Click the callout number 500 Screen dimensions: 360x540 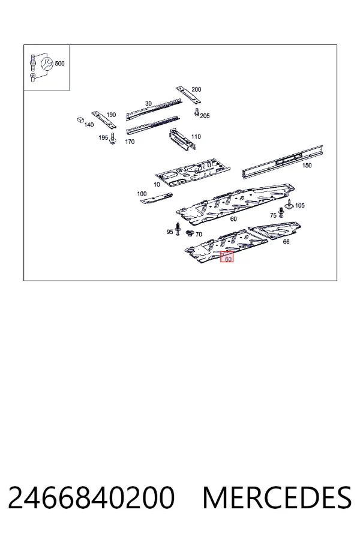coord(59,64)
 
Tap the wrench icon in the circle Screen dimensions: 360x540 coord(47,64)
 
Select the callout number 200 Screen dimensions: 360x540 coord(196,89)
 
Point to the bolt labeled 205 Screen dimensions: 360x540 coord(197,112)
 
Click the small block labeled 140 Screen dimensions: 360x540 coord(80,119)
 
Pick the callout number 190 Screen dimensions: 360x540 coord(111,115)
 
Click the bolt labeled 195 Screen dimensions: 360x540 coord(113,139)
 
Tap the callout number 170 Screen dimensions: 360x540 coord(130,142)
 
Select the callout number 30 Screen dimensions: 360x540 coord(148,103)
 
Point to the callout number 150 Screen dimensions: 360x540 coord(307,166)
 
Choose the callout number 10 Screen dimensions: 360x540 coord(157,185)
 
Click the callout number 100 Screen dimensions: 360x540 coord(142,194)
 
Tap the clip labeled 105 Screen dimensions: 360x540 coord(289,205)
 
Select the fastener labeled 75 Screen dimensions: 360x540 coord(281,213)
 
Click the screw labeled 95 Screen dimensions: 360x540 coord(178,229)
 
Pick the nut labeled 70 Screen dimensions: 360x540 coord(190,233)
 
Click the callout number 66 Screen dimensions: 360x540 coord(286,242)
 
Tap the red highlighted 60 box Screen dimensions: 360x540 coord(227,257)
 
